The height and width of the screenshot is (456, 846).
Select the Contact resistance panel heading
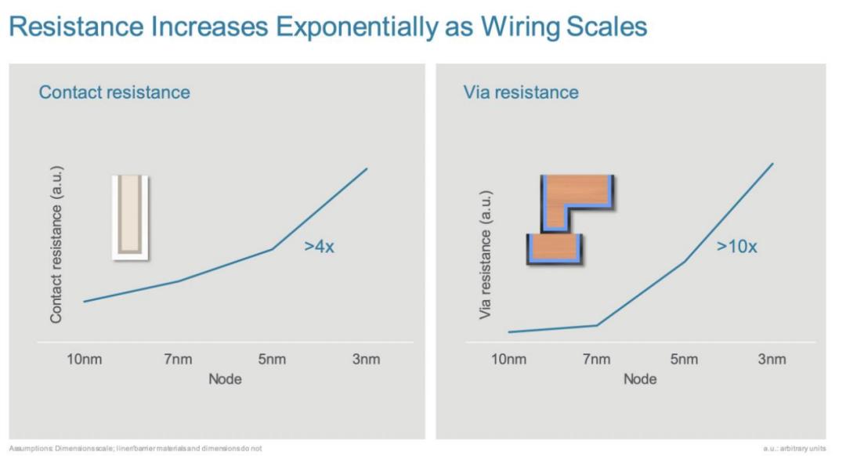click(x=114, y=92)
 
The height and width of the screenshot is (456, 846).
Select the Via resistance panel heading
click(x=520, y=92)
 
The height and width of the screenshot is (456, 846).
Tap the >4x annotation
click(x=320, y=247)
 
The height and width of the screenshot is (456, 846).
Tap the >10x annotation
click(x=736, y=247)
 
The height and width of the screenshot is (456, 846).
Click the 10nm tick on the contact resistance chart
click(x=85, y=360)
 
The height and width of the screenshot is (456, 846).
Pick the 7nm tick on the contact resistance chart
click(x=179, y=360)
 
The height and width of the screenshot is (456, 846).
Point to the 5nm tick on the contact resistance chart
click(x=272, y=360)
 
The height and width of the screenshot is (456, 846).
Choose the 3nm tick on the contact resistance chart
click(x=366, y=360)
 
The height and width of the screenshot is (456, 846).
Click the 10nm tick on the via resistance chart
click(x=508, y=360)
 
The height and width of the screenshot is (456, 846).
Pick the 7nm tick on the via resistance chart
click(x=596, y=360)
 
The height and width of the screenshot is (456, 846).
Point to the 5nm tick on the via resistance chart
click(x=684, y=360)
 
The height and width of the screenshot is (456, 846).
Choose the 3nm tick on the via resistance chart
click(x=772, y=360)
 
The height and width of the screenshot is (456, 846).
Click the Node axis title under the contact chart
click(x=225, y=379)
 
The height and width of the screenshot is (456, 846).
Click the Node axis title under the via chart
click(x=640, y=379)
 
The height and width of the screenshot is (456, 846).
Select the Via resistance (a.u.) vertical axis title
click(x=486, y=254)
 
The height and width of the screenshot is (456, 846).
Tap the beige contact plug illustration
click(x=129, y=217)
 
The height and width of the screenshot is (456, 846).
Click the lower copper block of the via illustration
click(x=555, y=248)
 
